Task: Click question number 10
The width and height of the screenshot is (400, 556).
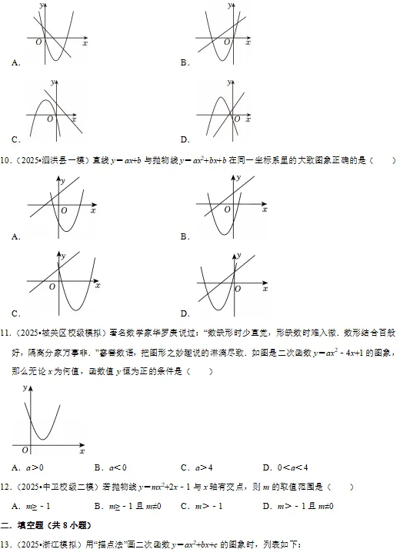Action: tap(6, 161)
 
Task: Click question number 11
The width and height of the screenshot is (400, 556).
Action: tap(6, 333)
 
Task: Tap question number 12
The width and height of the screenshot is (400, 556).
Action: tap(6, 487)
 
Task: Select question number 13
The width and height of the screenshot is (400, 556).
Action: tap(6, 545)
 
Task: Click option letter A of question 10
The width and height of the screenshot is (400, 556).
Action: tap(15, 236)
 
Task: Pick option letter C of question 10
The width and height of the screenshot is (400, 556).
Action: tap(15, 313)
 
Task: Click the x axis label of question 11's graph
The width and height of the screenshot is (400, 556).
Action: tap(82, 450)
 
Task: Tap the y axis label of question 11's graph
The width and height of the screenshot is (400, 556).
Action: tap(25, 387)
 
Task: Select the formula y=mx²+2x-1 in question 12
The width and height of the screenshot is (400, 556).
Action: tap(181, 487)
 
